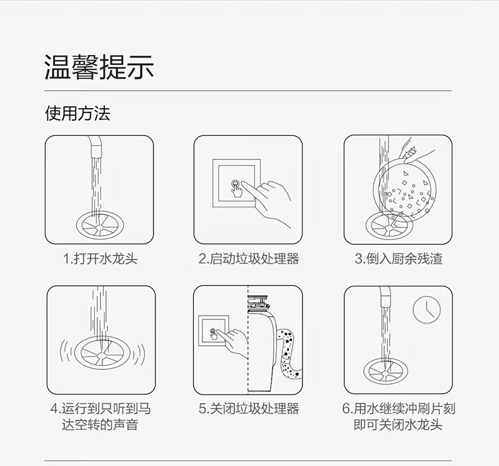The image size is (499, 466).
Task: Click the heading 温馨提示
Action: click(99, 67)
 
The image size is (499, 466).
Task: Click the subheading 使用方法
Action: click(77, 113)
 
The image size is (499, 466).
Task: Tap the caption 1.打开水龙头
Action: click(100, 259)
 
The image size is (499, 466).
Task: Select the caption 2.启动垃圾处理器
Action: click(248, 259)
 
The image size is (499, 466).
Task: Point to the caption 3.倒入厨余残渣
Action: click(399, 259)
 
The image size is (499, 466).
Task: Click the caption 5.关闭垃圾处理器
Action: click(248, 408)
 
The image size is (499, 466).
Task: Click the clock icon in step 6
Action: click(426, 310)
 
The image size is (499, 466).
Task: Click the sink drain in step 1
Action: click(100, 224)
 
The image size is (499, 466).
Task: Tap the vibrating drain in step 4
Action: click(102, 352)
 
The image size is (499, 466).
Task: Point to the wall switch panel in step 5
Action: click(213, 331)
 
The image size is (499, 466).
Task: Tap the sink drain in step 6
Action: click(386, 371)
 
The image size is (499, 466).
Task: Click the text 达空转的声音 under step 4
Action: click(100, 425)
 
